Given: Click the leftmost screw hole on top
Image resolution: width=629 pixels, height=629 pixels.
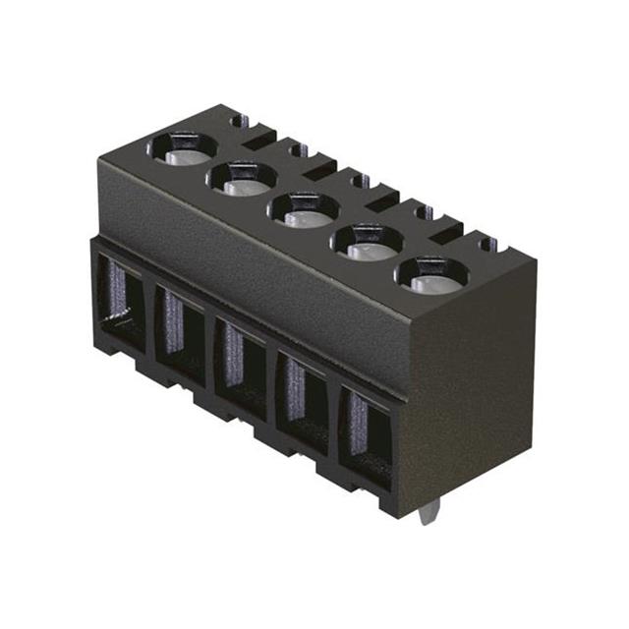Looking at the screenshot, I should click(x=182, y=149).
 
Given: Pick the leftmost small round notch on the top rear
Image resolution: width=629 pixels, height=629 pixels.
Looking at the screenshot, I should click(x=236, y=122).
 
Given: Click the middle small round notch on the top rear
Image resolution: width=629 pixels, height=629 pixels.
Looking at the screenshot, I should click(x=361, y=180).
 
